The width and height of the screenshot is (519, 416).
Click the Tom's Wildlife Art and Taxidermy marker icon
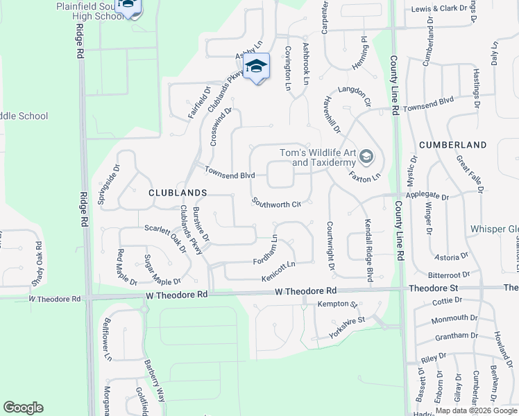(x=366, y=157)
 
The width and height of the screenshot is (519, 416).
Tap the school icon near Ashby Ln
(x=257, y=67)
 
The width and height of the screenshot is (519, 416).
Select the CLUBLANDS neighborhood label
(x=178, y=192)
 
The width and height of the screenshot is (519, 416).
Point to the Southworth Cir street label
(x=276, y=203)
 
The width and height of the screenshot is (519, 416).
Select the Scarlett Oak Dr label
(x=166, y=238)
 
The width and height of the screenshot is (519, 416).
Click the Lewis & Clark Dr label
(x=441, y=9)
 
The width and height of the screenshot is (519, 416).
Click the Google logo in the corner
(x=23, y=408)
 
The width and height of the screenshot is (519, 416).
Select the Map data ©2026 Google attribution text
(x=476, y=410)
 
